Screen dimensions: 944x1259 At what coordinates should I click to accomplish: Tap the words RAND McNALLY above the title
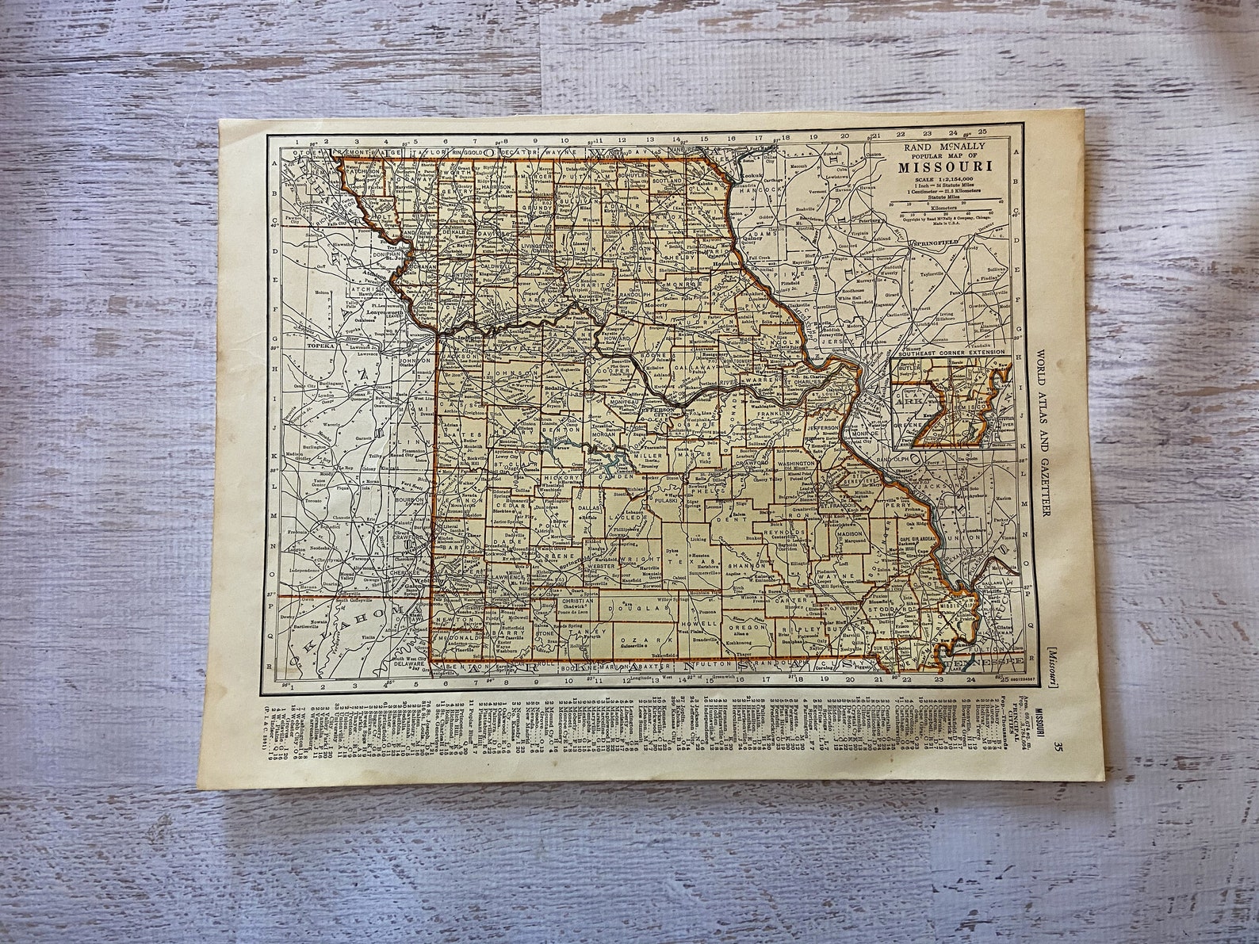(935, 147)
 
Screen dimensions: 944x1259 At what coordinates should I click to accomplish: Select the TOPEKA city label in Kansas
(315, 346)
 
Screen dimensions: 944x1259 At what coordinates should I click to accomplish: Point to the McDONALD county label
(455, 636)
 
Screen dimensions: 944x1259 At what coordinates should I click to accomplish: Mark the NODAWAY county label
(416, 179)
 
